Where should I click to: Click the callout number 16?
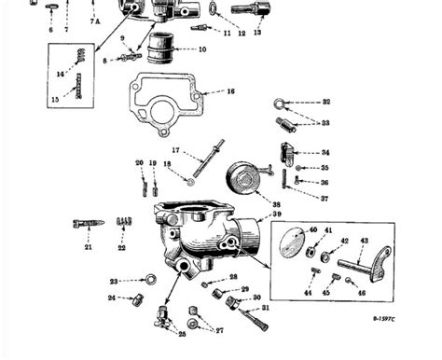coord(230,92)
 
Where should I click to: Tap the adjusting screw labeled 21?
coord(86,225)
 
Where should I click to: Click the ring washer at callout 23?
coord(149,278)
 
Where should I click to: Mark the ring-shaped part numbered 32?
coord(281,104)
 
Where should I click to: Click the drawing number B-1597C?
coord(408,346)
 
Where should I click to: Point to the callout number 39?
coord(277,215)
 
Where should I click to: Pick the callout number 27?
coord(219,331)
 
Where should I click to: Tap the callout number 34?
coord(325,152)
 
